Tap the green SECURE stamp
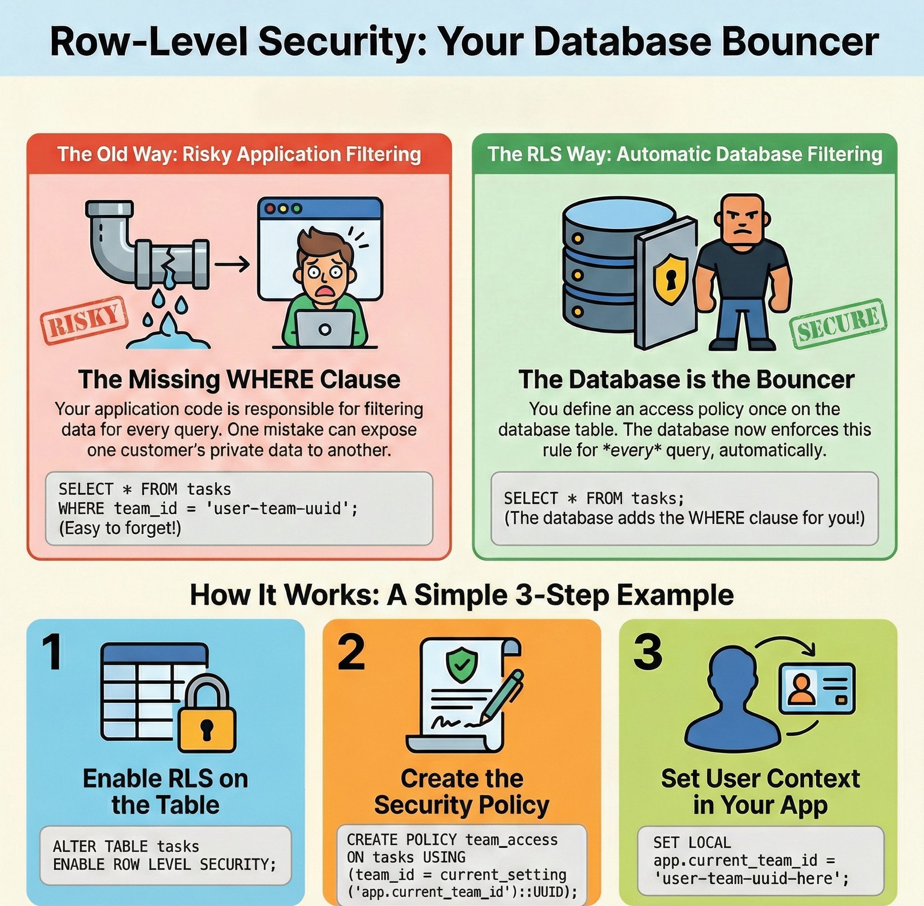[x=838, y=324]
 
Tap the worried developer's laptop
[x=324, y=328]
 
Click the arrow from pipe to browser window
[x=231, y=264]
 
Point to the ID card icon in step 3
[x=816, y=688]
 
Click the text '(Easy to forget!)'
[x=120, y=528]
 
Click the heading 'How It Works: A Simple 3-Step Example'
[x=461, y=595]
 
